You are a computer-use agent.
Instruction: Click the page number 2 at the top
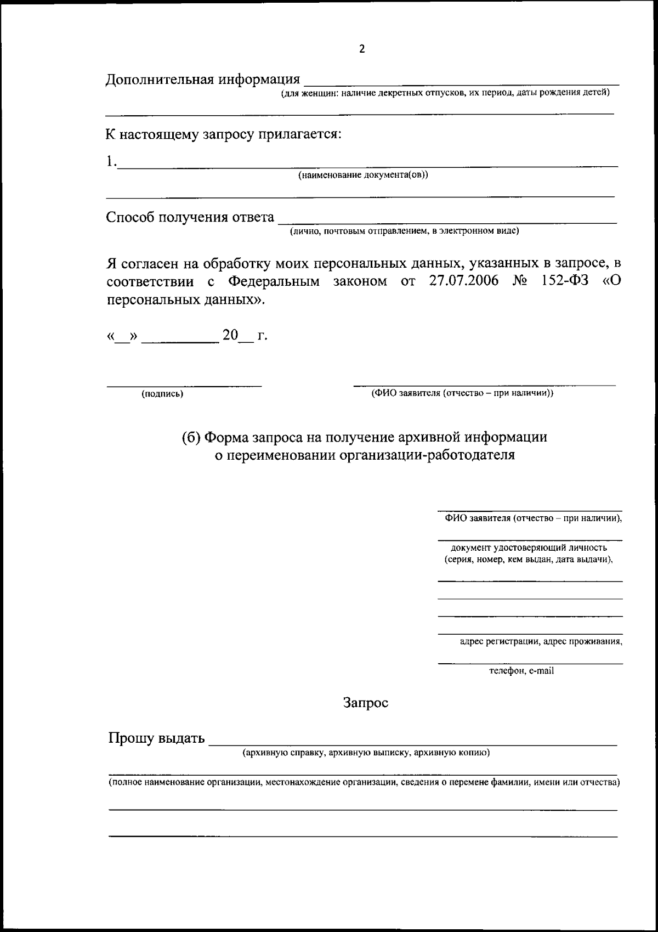tap(361, 49)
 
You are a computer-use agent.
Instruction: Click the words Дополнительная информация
tap(203, 80)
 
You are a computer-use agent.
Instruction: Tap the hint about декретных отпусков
tap(445, 93)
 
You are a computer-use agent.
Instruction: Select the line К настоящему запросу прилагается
tap(224, 134)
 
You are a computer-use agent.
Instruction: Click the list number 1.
tap(110, 161)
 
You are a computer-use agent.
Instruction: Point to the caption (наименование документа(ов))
tap(362, 175)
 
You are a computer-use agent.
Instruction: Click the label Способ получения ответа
tap(190, 217)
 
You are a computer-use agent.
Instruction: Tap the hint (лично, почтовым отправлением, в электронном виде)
tap(405, 231)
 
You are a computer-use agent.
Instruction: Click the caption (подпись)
tap(162, 394)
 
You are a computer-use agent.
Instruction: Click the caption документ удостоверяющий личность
tap(529, 547)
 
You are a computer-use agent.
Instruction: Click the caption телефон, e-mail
tap(521, 670)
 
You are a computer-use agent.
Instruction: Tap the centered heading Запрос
tap(366, 703)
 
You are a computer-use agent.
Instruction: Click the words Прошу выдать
tap(156, 738)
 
